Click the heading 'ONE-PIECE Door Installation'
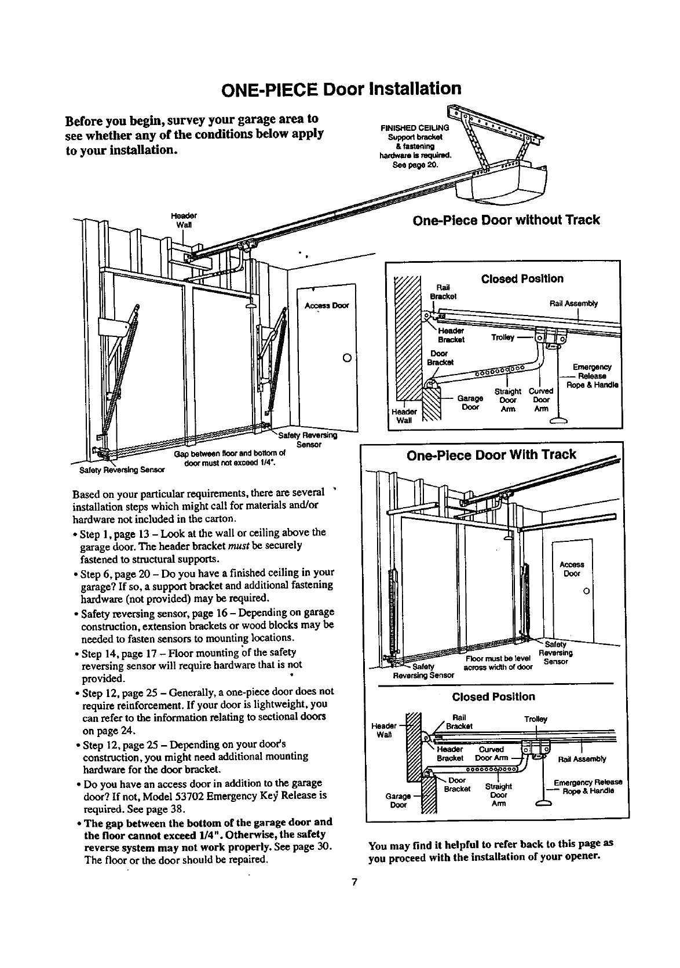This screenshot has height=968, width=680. (341, 89)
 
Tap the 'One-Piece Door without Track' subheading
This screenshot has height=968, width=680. (505, 220)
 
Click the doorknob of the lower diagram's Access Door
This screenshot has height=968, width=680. (586, 591)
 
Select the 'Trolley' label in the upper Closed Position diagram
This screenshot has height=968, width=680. (502, 338)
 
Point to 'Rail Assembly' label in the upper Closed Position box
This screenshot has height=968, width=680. (573, 303)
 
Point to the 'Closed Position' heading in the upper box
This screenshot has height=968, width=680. (522, 278)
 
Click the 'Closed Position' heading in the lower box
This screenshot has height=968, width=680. (493, 696)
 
